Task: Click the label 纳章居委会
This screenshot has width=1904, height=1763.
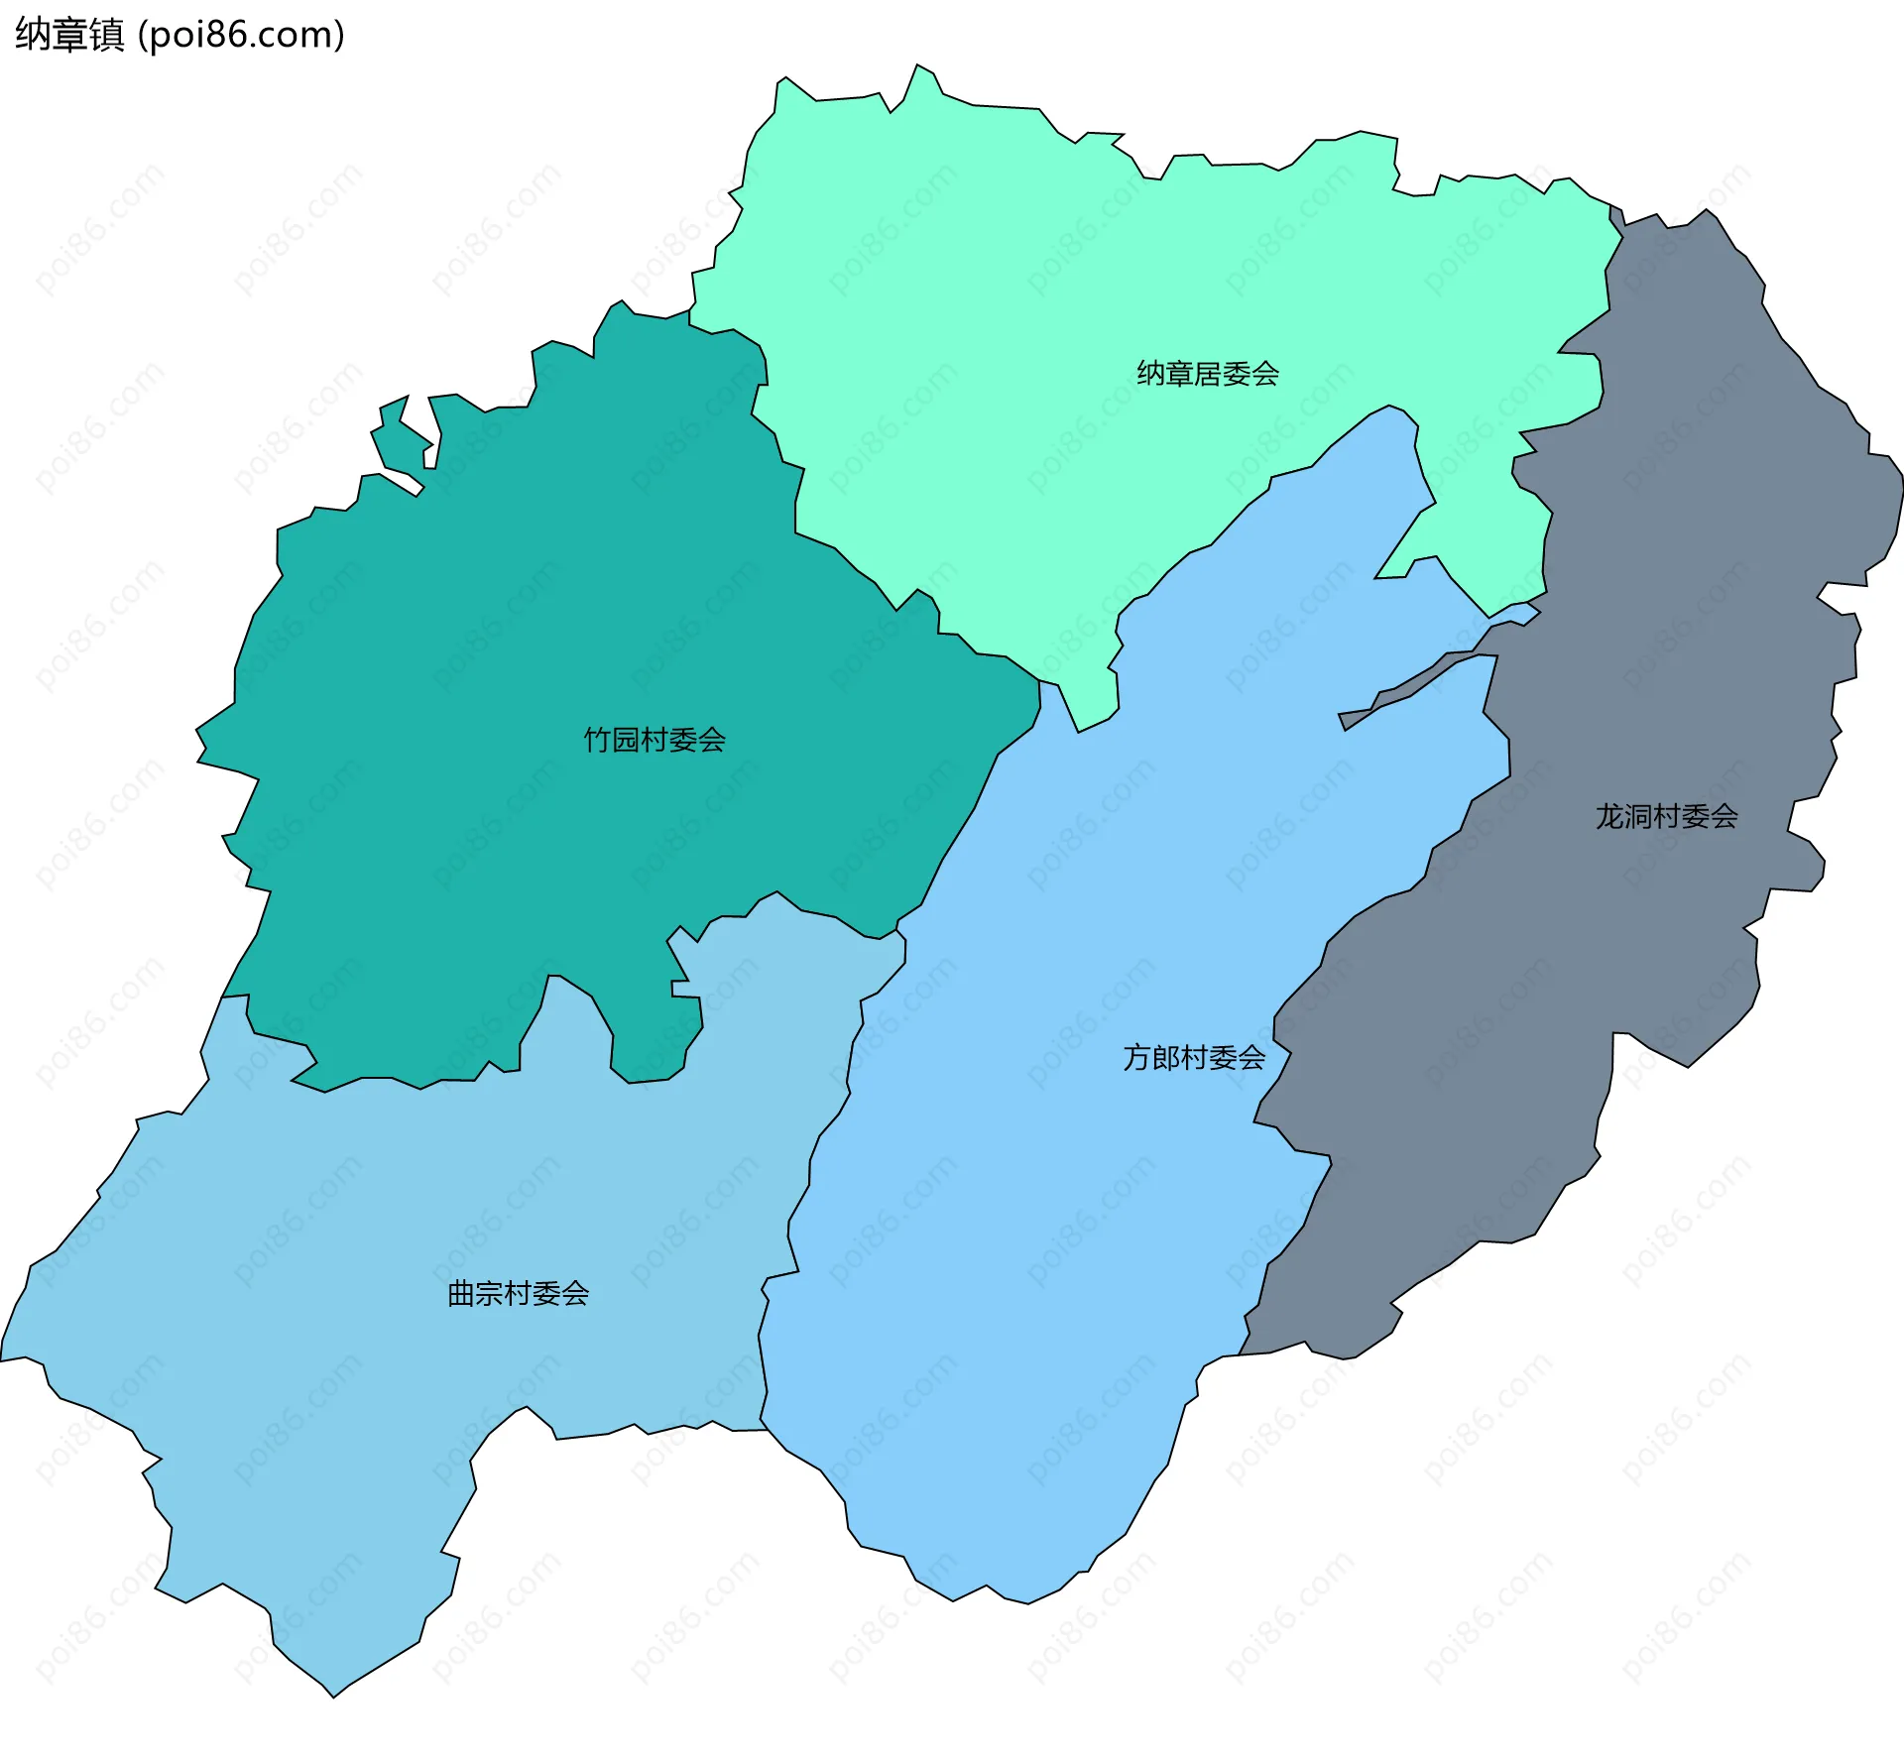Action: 1207,374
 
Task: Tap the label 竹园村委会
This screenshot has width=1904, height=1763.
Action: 654,740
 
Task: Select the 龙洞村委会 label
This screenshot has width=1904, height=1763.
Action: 1666,816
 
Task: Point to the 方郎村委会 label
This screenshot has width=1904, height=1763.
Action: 1194,1058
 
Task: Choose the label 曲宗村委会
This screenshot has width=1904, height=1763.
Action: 518,1294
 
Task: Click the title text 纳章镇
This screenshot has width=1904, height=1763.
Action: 69,35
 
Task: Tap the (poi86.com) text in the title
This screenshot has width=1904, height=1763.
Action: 241,35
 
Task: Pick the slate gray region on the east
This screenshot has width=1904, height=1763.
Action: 1686,595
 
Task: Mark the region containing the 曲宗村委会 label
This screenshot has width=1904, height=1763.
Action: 397,1388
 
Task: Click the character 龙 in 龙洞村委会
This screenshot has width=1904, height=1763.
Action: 1609,816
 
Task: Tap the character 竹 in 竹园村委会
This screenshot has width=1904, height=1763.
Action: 597,740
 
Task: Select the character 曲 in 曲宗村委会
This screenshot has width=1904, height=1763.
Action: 460,1294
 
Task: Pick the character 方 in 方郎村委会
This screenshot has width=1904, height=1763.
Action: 1136,1058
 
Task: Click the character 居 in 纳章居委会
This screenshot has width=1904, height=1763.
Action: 1207,374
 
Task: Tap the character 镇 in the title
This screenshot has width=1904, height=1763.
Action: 106,35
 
